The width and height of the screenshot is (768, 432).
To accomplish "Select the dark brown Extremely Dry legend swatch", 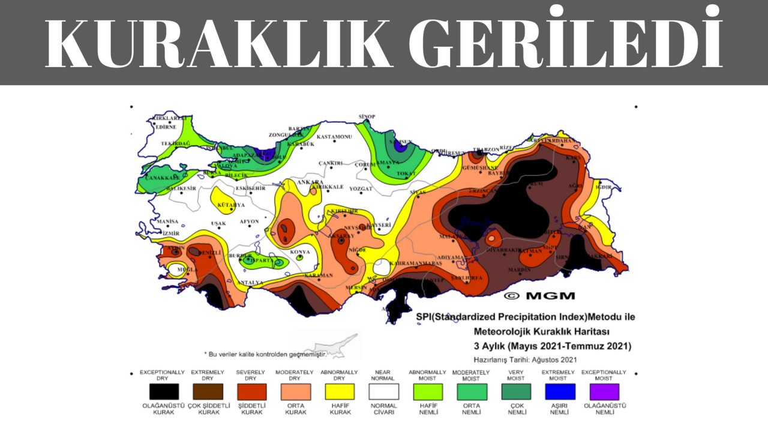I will (x=207, y=392).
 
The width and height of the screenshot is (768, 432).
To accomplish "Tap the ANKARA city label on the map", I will (x=311, y=182).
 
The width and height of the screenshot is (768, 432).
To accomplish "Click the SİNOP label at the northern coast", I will (x=366, y=116).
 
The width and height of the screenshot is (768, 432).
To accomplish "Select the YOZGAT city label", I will (x=361, y=188).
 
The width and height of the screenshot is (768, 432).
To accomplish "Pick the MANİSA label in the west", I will (x=167, y=221).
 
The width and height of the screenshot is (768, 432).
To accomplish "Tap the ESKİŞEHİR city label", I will (x=250, y=188).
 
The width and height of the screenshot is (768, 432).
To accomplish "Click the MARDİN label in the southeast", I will (x=519, y=270).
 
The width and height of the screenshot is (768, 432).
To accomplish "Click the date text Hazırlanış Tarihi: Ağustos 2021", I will (x=525, y=360).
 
